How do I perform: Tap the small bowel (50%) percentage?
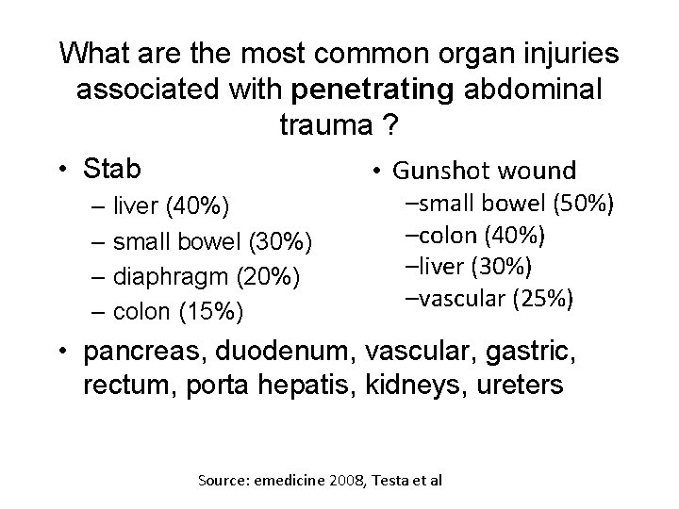(x=582, y=204)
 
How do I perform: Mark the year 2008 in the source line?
(x=348, y=481)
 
